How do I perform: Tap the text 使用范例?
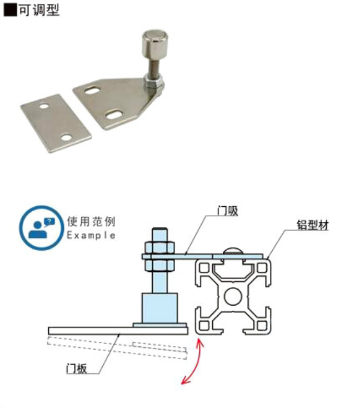(x=91, y=221)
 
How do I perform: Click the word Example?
(x=91, y=235)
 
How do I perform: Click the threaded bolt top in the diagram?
(x=159, y=231)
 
